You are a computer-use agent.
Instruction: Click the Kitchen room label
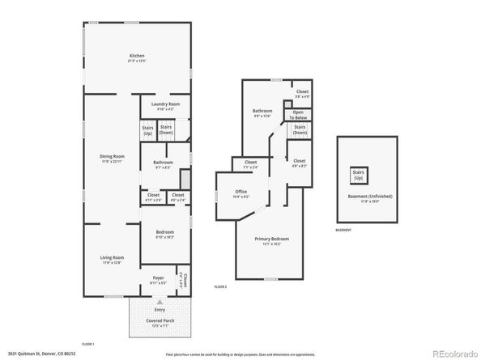pyautogui.click(x=136, y=57)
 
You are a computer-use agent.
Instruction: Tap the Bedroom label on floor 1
pyautogui.click(x=164, y=233)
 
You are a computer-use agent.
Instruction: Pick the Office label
pyautogui.click(x=240, y=192)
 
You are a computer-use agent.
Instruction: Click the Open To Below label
pyautogui.click(x=298, y=114)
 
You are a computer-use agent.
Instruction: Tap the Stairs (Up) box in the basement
pyautogui.click(x=357, y=174)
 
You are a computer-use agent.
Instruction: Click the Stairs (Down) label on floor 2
pyautogui.click(x=299, y=128)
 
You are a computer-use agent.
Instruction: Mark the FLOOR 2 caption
pyautogui.click(x=221, y=287)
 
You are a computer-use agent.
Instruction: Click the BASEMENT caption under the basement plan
pyautogui.click(x=344, y=231)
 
